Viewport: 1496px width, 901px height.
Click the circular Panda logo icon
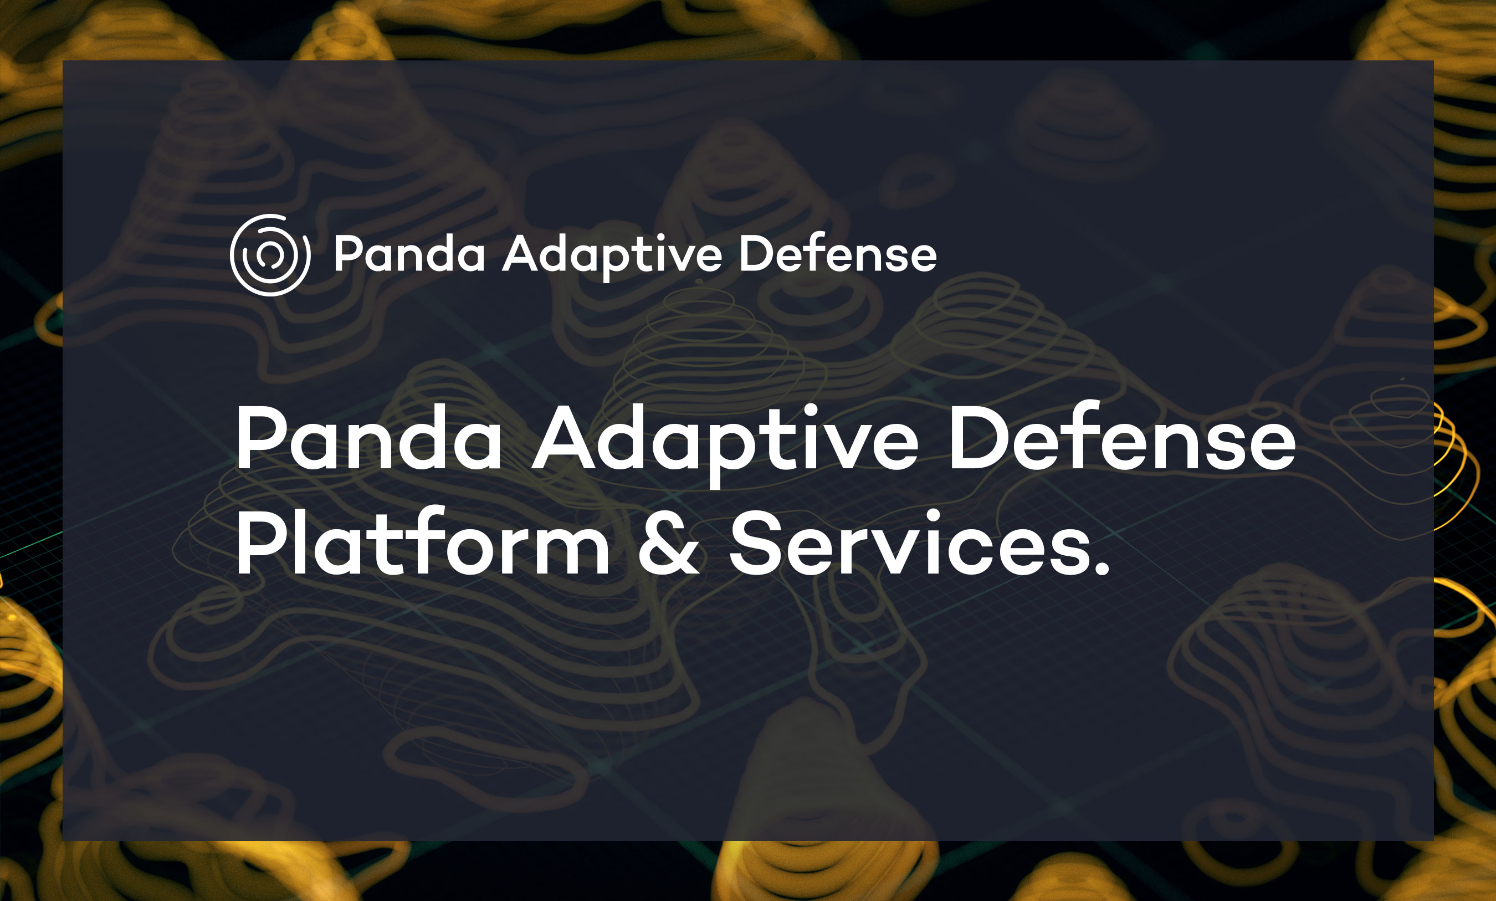pos(270,255)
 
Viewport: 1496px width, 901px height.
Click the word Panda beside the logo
pos(409,254)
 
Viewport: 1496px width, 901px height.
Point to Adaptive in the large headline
pos(725,444)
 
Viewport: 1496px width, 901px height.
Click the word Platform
pos(423,541)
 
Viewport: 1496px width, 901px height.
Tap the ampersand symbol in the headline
pos(668,542)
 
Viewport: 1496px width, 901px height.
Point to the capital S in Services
pos(755,542)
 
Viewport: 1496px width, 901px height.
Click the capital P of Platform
pos(263,542)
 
